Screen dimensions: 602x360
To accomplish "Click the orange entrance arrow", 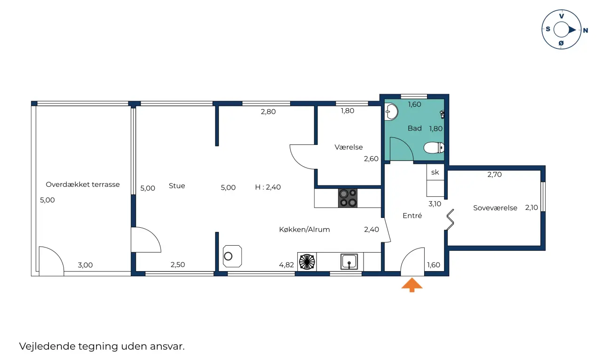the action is click(x=412, y=285).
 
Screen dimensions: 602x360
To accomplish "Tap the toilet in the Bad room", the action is click(x=434, y=148).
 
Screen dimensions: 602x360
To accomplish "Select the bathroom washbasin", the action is click(x=391, y=112).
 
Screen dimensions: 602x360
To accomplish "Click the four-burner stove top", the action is click(x=348, y=198).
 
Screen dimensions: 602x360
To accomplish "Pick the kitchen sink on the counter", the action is click(x=349, y=262).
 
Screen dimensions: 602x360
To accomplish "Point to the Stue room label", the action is click(x=177, y=186).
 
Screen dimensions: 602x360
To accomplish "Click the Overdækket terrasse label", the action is click(x=82, y=184).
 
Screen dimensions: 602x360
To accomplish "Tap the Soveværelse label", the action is click(x=495, y=208).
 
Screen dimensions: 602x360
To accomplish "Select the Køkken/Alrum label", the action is click(x=304, y=229).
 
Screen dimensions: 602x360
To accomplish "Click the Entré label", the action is click(x=412, y=216).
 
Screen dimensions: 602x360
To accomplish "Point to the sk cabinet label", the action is click(x=435, y=172).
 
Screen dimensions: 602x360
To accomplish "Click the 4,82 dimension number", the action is click(x=286, y=265).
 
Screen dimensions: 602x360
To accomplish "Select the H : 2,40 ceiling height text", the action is click(x=268, y=187).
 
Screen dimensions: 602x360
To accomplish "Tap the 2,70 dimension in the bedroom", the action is click(x=494, y=175).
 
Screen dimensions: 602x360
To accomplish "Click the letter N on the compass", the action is click(x=586, y=31).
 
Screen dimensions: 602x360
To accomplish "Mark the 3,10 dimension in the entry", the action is click(x=435, y=204).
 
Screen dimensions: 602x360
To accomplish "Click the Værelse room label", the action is click(x=349, y=147).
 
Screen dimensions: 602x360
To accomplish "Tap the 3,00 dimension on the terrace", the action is click(x=85, y=265).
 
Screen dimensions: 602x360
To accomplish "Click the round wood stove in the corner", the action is click(x=232, y=256).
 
